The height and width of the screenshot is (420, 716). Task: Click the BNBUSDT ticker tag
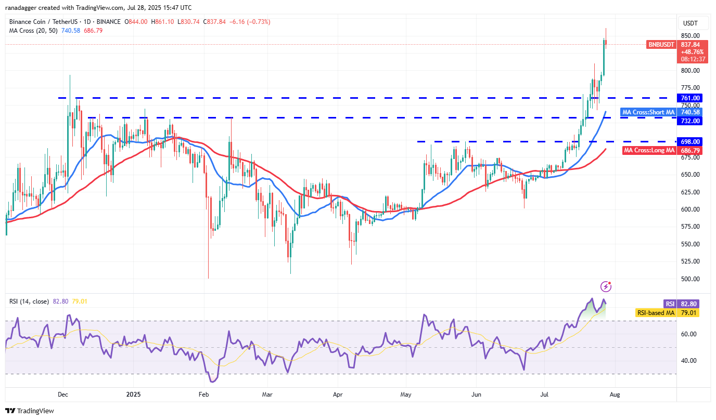pyautogui.click(x=661, y=45)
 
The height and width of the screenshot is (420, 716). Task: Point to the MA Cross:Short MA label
pyautogui.click(x=648, y=112)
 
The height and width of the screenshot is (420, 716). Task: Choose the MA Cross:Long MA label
pyautogui.click(x=649, y=150)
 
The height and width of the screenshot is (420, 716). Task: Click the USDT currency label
pyautogui.click(x=690, y=23)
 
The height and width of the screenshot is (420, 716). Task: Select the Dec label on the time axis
pyautogui.click(x=63, y=395)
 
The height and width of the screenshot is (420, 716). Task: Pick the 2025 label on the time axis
pyautogui.click(x=133, y=395)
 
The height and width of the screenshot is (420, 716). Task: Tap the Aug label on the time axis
pyautogui.click(x=615, y=395)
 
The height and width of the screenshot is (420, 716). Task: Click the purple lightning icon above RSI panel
pyautogui.click(x=606, y=286)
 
